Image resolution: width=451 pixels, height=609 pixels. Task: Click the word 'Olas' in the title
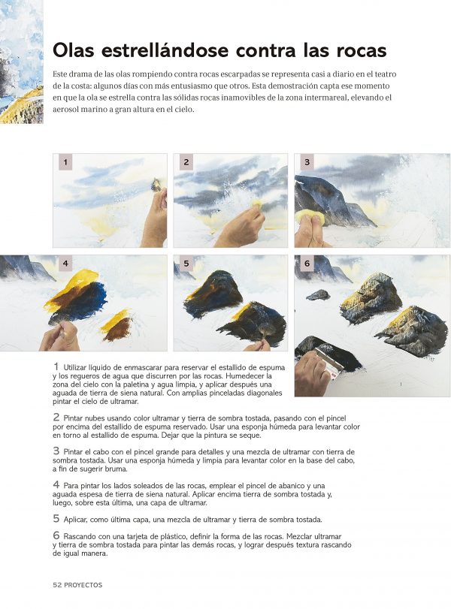pos(74,50)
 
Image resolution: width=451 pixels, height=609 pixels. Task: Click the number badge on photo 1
pos(65,162)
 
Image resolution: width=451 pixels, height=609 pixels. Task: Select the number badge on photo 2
pos(186,162)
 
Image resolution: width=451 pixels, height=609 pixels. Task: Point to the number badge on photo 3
pos(307,162)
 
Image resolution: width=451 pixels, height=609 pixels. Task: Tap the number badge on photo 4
pos(65,264)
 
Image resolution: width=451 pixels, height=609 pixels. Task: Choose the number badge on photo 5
pos(186,264)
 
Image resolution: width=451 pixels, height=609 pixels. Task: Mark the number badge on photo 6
pos(307,264)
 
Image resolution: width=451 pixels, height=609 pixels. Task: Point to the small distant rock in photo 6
pos(318,295)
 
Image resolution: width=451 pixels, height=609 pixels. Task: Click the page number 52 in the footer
pos(57,585)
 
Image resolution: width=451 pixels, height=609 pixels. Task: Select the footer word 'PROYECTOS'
pos(83,585)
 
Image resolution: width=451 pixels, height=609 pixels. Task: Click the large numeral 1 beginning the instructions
pos(56,366)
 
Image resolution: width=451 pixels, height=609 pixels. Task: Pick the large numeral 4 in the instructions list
pos(56,484)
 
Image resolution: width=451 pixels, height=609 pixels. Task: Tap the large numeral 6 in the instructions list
pos(56,535)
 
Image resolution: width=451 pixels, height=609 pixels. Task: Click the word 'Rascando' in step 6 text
pos(80,536)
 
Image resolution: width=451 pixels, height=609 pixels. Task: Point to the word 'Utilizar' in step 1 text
pos(75,367)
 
